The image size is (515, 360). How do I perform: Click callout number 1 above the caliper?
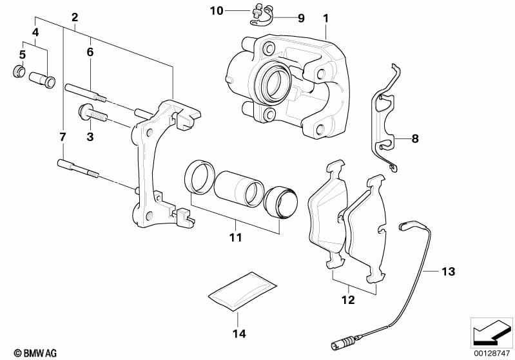pyautogui.click(x=326, y=18)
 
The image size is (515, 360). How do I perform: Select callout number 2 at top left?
pyautogui.click(x=75, y=17)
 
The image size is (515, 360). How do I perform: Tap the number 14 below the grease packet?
pyautogui.click(x=238, y=334)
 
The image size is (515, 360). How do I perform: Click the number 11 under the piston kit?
pyautogui.click(x=235, y=238)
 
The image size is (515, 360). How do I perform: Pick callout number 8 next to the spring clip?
pyautogui.click(x=414, y=138)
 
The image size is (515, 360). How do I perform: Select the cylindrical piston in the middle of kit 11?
pyautogui.click(x=238, y=187)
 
